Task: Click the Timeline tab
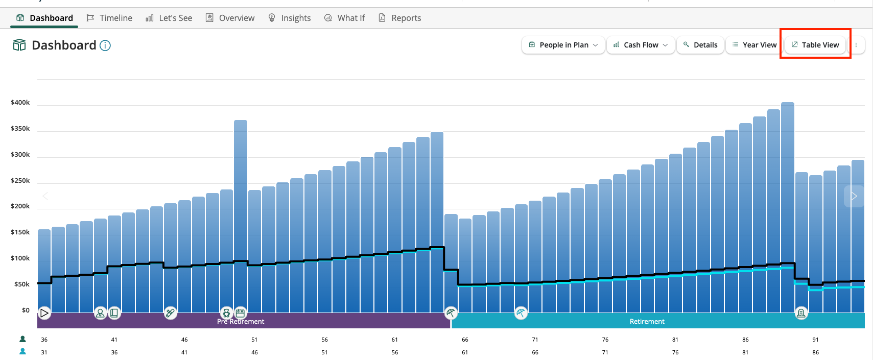(109, 18)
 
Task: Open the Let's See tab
(169, 18)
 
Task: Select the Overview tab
(230, 18)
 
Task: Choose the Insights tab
(290, 18)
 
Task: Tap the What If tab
(344, 18)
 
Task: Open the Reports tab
(400, 18)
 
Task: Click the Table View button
(815, 45)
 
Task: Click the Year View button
(754, 45)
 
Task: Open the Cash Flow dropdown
(641, 45)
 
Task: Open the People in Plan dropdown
(563, 45)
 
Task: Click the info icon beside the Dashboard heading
(105, 45)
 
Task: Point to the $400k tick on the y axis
(20, 103)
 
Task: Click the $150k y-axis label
(20, 232)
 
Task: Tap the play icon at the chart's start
(44, 313)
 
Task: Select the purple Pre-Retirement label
(241, 321)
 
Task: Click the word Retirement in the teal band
(647, 321)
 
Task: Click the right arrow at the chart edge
(854, 196)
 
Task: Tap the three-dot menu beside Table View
(856, 45)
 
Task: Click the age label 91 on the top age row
(815, 340)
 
